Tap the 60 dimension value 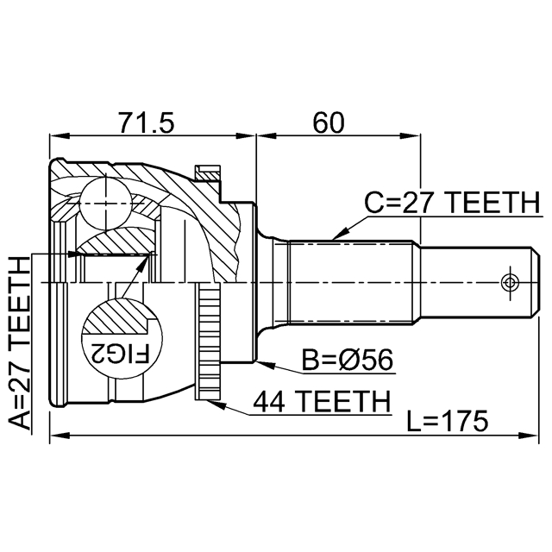point(329,122)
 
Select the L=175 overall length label point(447,421)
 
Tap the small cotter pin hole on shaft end point(510,282)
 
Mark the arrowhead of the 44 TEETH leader point(213,398)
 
